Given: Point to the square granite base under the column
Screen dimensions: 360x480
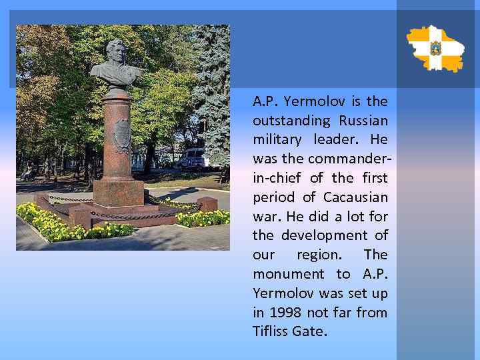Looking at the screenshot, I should click(118, 193).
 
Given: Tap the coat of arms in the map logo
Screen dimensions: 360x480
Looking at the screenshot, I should click(436, 48).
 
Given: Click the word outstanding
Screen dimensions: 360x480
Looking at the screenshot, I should click(291, 121).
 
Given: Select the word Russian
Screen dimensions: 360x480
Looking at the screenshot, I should click(363, 121).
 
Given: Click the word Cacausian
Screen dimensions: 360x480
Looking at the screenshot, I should click(355, 197).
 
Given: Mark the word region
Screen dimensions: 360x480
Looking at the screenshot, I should click(321, 255).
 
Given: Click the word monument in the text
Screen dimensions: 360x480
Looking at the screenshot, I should click(287, 274).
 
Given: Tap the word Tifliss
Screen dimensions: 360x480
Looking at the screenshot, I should click(271, 331).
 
